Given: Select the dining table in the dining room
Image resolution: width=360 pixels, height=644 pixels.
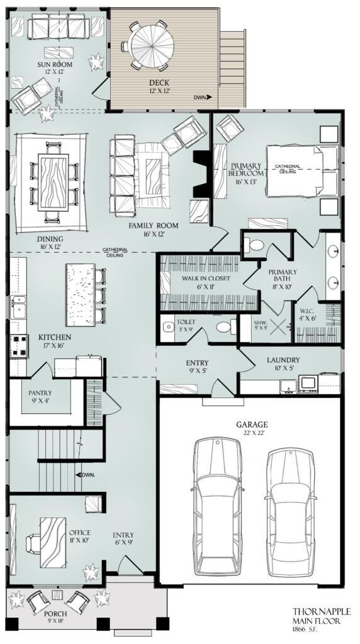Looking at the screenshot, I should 53,180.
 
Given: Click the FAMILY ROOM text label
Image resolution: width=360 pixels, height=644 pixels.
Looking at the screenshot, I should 154,225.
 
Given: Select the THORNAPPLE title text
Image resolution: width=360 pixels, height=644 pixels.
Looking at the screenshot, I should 320,611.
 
